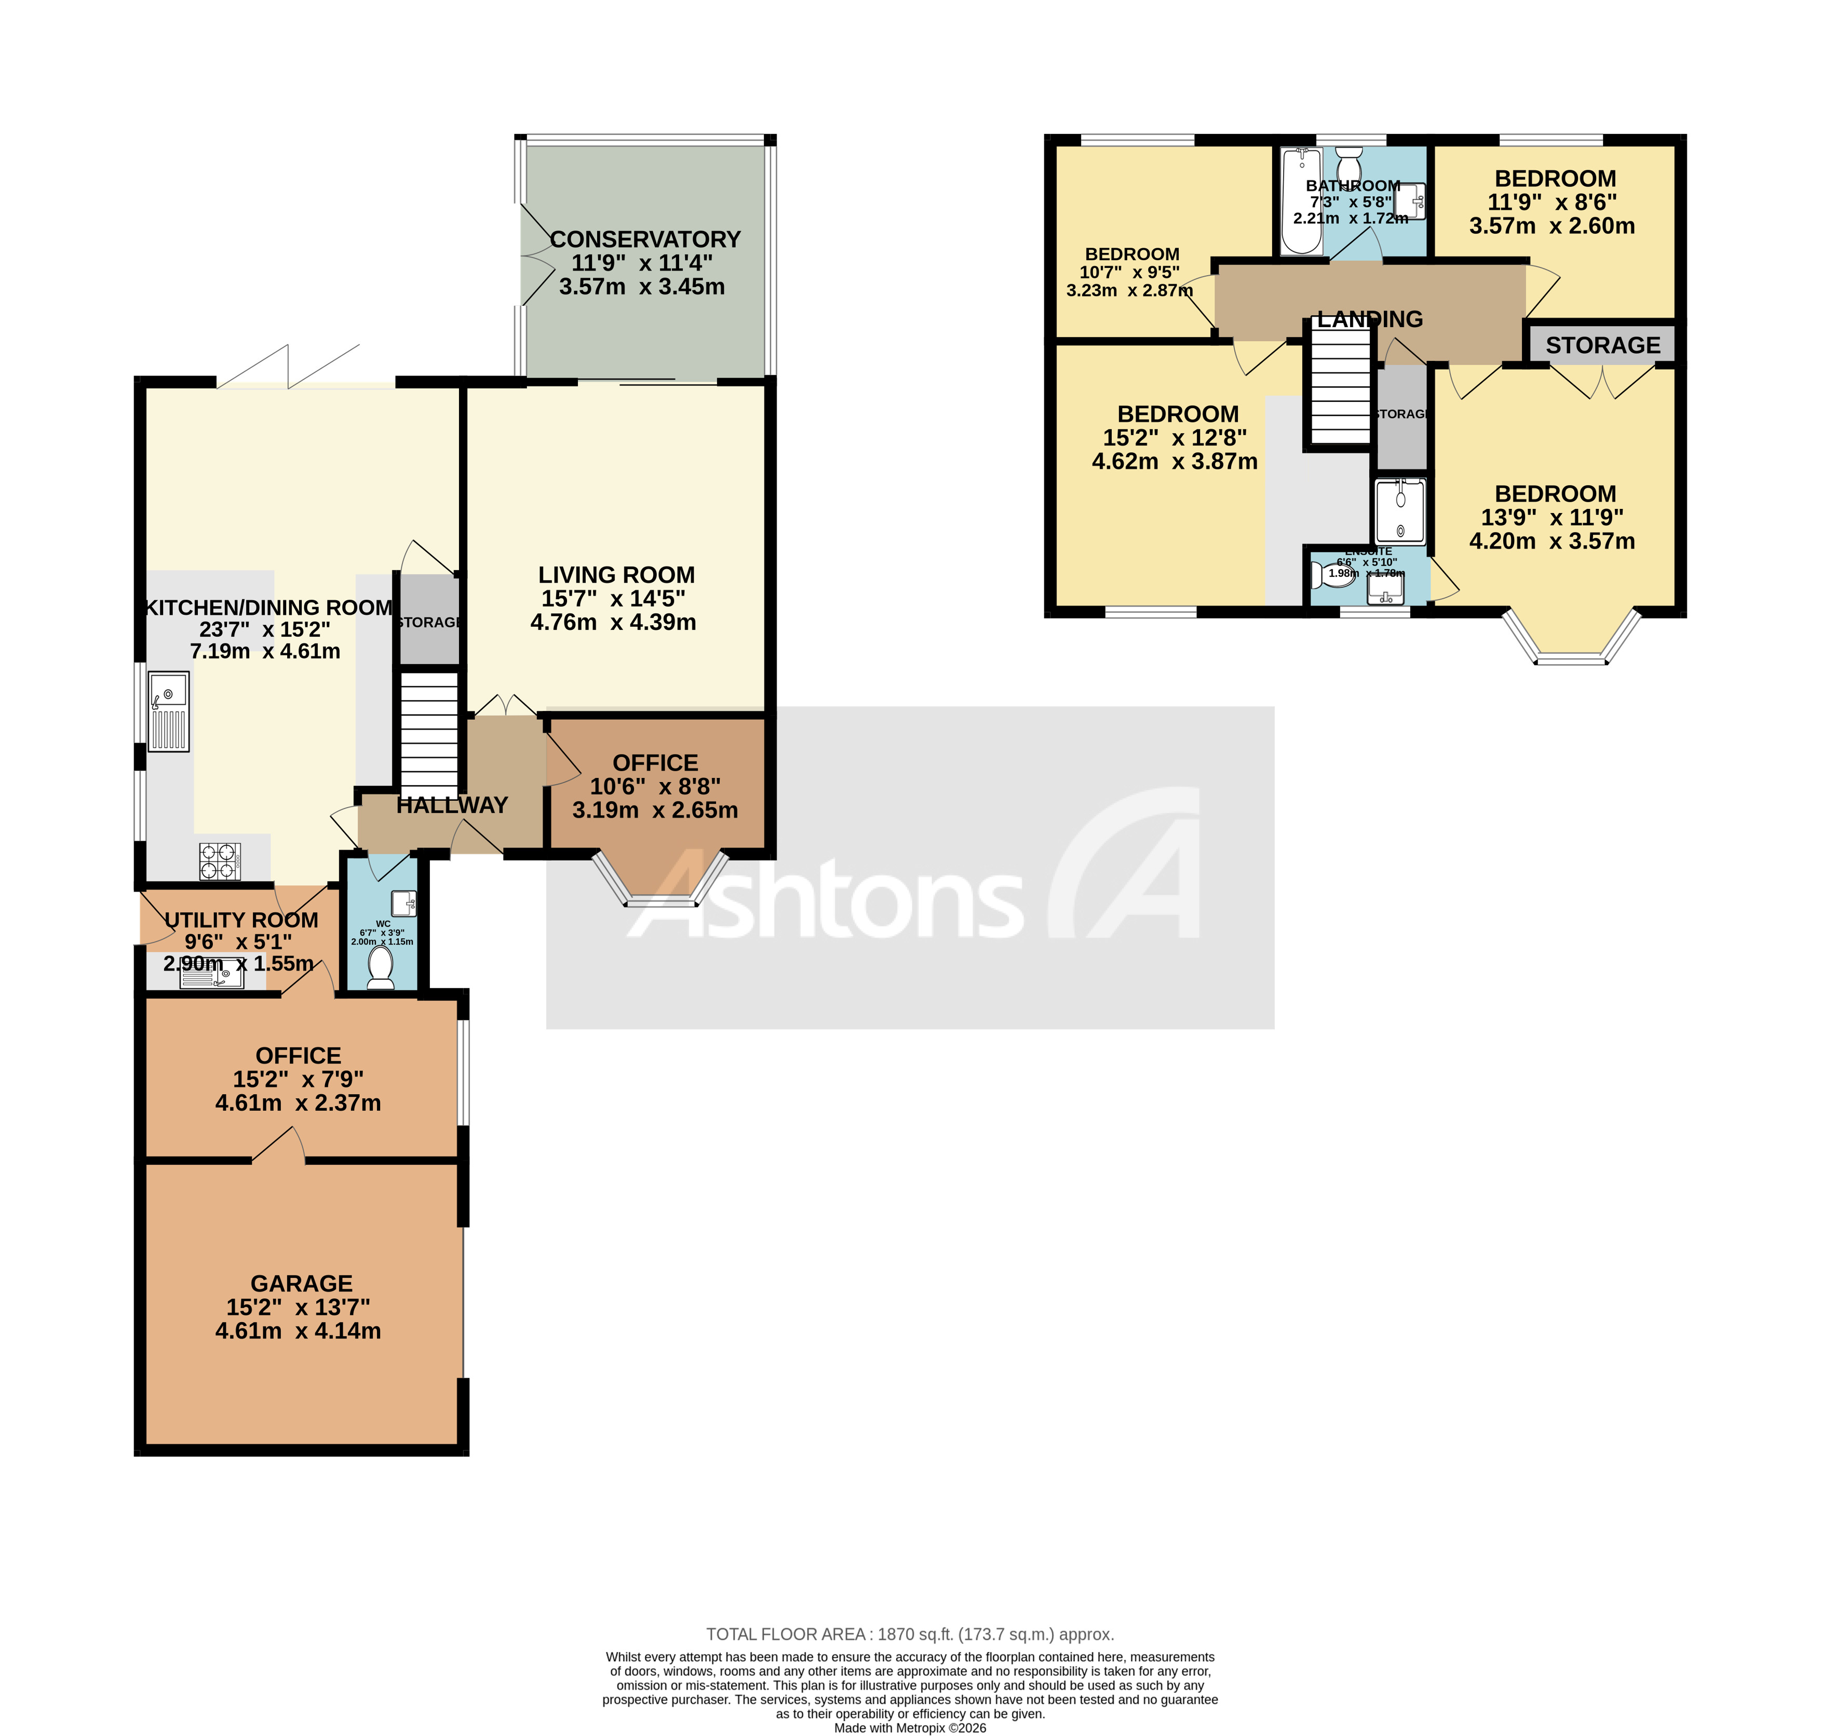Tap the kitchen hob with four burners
coord(219,860)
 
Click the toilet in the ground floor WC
coord(380,967)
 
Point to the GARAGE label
coord(302,1284)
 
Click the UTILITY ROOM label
coord(241,920)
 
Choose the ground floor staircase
coord(428,731)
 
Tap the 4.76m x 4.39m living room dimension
coord(613,622)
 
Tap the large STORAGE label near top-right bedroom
coord(1602,345)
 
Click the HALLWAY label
coord(452,805)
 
